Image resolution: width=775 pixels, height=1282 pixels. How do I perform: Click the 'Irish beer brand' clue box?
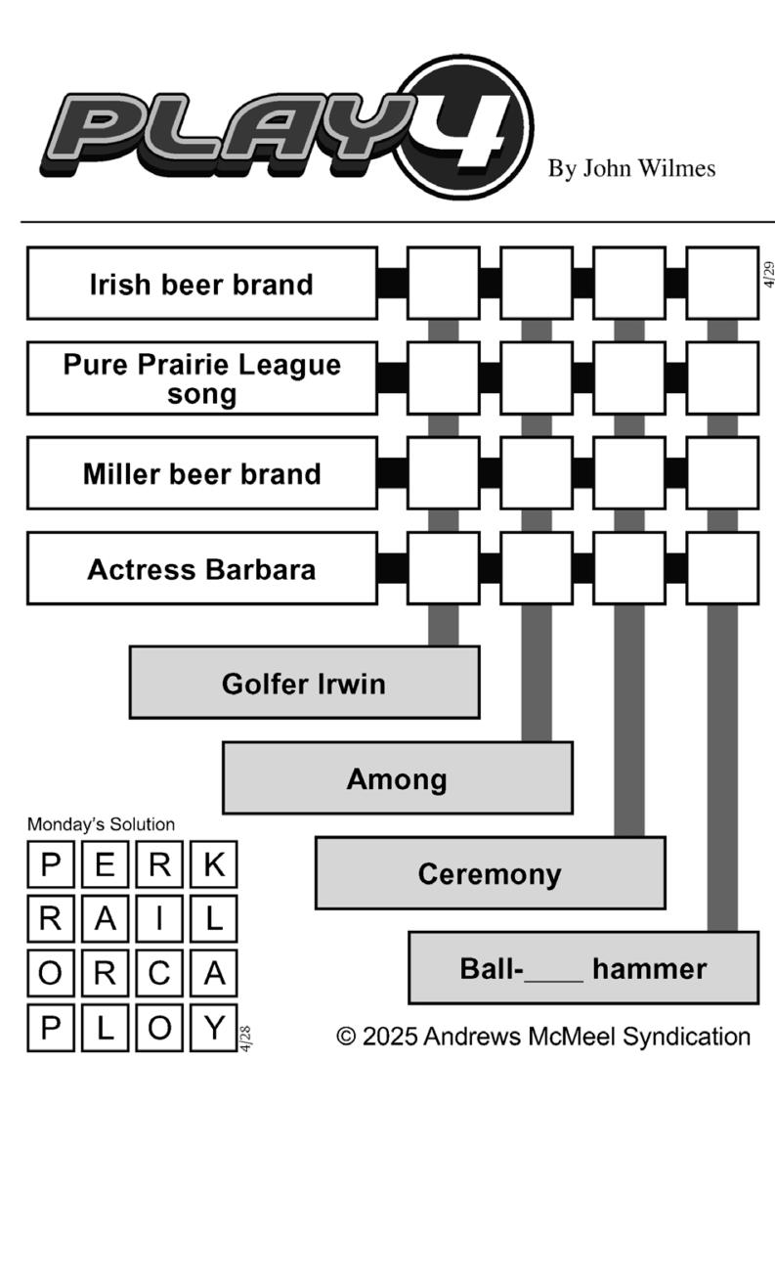[201, 284]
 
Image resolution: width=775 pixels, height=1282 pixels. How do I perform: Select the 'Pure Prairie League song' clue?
[201, 378]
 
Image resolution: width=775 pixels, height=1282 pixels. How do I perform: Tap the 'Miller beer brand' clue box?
[201, 473]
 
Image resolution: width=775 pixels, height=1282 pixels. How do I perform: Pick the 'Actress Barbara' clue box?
[201, 568]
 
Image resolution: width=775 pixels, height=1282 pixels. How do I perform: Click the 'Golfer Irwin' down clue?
[304, 683]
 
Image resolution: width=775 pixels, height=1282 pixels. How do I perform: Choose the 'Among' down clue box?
[397, 778]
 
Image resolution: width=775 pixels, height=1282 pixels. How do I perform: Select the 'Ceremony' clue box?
[490, 873]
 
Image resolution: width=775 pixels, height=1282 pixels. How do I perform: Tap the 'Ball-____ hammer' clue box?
[582, 968]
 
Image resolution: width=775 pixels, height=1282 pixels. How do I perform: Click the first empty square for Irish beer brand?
[443, 284]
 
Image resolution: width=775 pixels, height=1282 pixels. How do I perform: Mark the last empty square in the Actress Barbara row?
[722, 568]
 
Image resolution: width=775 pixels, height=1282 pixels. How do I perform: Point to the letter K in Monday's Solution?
[214, 864]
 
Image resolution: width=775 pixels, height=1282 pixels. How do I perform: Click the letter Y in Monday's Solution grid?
[214, 1028]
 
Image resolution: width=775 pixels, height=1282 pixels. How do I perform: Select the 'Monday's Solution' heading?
[101, 824]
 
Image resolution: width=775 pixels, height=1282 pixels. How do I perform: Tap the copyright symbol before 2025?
[346, 1037]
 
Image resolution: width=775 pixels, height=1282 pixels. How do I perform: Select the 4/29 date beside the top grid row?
[768, 276]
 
